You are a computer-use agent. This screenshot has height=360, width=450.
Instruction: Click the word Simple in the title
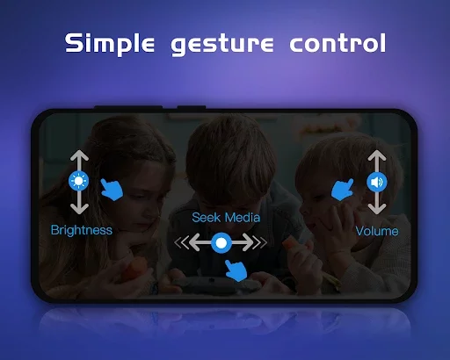coord(110,43)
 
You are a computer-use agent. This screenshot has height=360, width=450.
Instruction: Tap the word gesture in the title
coord(222,45)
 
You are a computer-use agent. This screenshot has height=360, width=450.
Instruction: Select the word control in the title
coord(337,43)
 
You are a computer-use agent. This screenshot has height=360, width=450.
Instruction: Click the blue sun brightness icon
coord(78,181)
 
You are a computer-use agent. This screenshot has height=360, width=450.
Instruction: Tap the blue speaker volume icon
coord(377,182)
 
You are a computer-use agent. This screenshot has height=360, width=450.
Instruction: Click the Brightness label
coord(82,230)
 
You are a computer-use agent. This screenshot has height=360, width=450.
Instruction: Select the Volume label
coord(377,231)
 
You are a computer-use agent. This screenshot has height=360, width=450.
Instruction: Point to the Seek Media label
coord(226,218)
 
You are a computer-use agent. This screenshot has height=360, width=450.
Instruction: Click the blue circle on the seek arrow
coord(221,242)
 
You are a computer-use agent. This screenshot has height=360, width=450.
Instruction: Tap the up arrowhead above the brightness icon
coord(79,155)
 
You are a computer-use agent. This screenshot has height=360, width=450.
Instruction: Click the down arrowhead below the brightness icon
coord(79,208)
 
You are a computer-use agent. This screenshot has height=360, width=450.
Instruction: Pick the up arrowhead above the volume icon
coord(377,155)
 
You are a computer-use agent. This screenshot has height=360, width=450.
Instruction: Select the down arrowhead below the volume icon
coord(377,209)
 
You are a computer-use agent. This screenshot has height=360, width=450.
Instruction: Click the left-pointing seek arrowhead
coord(194,242)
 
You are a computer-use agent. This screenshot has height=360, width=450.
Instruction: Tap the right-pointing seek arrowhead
coord(248,242)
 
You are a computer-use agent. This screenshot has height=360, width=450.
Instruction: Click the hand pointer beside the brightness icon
coord(112,190)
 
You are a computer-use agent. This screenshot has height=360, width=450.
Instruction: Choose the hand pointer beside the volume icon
coord(342,190)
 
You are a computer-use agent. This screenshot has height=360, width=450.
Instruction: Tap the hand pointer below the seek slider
coord(236,270)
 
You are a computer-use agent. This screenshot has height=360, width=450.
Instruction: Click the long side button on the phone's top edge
coord(128,107)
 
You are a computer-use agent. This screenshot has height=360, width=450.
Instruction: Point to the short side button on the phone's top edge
coord(192,107)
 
